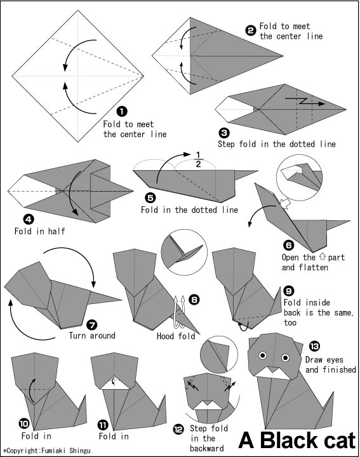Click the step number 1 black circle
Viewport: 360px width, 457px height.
pos(121,111)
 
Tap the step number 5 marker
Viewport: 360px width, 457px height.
pos(150,198)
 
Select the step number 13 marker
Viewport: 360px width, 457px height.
pos(314,347)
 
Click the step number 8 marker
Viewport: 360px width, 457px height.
pos(194,300)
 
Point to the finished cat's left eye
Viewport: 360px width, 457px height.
pos(263,355)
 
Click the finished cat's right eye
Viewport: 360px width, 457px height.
pos(285,357)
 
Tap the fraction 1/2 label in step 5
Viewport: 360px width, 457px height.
pos(198,159)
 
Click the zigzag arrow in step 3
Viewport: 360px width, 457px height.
pos(305,102)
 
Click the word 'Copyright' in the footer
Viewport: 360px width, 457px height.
pos(23,451)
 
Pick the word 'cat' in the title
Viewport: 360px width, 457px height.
pos(336,440)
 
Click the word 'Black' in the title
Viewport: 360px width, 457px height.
pos(286,440)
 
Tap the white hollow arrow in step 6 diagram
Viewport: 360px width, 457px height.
pos(285,204)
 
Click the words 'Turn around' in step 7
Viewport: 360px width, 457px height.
pos(92,336)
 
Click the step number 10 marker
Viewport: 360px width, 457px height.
pos(24,423)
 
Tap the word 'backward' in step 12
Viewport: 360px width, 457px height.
pos(207,448)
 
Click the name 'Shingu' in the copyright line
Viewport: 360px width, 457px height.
pos(80,451)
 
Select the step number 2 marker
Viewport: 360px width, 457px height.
pos(251,30)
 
